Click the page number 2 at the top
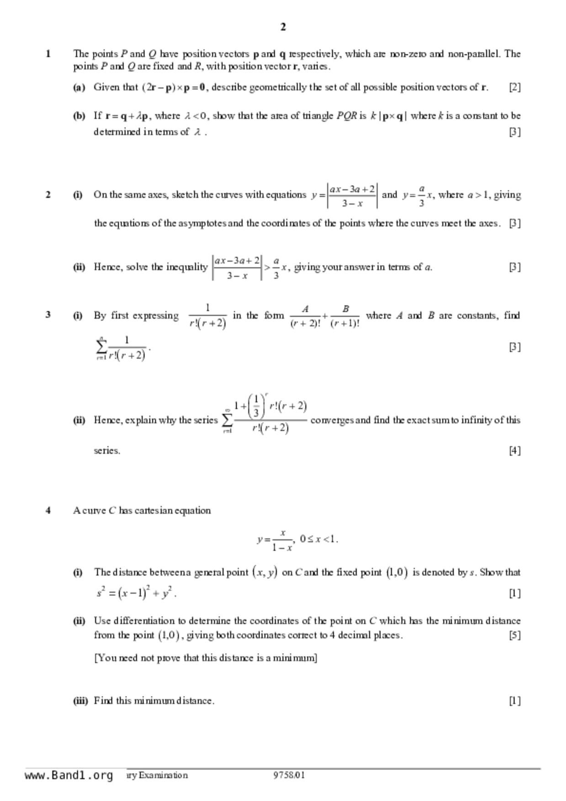coord(283,27)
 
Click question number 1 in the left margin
coord(48,54)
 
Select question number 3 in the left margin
coord(48,315)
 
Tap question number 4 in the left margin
coord(48,511)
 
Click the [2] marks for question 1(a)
coord(514,87)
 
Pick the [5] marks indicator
coord(514,635)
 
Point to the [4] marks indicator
coord(514,450)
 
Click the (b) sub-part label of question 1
coord(79,116)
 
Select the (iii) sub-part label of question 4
coord(80,701)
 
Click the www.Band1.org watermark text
coord(69,775)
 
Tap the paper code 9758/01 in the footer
coord(289,775)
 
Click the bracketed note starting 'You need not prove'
coord(206,658)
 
